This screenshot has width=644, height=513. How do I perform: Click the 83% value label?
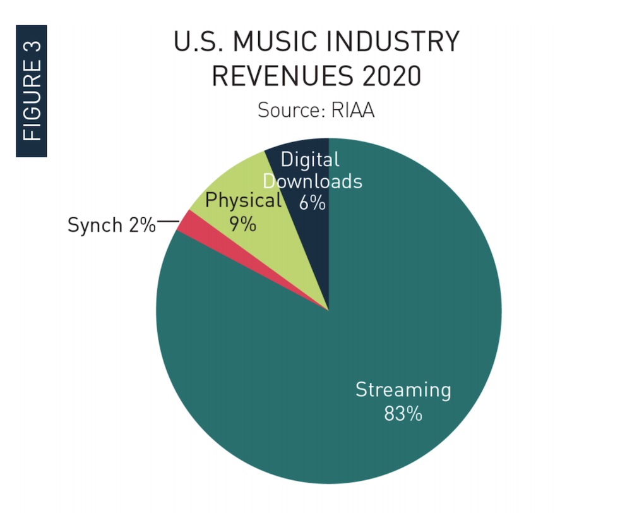[403, 414]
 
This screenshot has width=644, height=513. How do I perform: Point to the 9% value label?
[242, 223]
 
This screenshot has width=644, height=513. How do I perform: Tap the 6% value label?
[313, 203]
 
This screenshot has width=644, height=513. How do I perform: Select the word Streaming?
[403, 390]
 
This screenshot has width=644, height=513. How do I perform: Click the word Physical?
[243, 201]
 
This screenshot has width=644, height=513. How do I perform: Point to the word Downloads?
[313, 181]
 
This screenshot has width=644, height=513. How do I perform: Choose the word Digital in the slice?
[310, 159]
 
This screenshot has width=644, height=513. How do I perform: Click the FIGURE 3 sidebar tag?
[31, 91]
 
